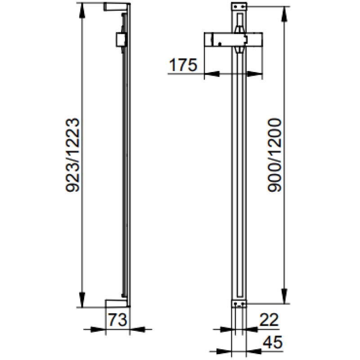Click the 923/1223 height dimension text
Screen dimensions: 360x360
point(73,155)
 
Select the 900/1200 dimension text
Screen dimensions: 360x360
point(274,155)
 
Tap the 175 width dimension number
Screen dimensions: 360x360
point(183,65)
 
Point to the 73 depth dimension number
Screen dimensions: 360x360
point(117,320)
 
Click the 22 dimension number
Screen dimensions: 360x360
point(269,319)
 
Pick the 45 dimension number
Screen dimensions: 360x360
point(273,342)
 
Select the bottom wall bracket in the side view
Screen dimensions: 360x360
point(117,303)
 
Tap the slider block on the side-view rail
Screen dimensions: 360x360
point(121,40)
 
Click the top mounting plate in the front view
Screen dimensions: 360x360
point(239,6)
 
